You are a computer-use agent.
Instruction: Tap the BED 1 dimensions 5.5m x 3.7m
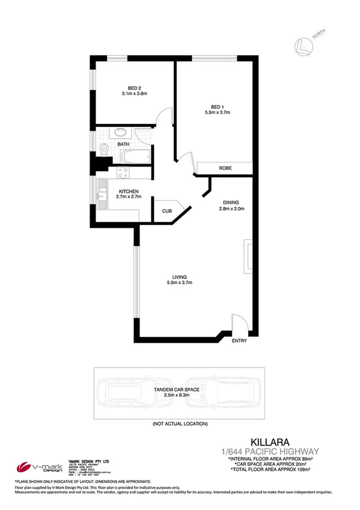pos(218,112)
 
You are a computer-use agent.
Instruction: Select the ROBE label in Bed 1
pos(225,168)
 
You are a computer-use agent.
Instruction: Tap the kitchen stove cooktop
pos(123,173)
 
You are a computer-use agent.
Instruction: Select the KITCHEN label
pos(129,191)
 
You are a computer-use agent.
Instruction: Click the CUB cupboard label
pos(166,211)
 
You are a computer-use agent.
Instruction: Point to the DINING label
pos(231,203)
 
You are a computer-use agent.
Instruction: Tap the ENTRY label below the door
pos(240,341)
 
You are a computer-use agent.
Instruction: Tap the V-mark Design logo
pos(37,467)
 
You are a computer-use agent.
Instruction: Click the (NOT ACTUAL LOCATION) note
pos(180,424)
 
